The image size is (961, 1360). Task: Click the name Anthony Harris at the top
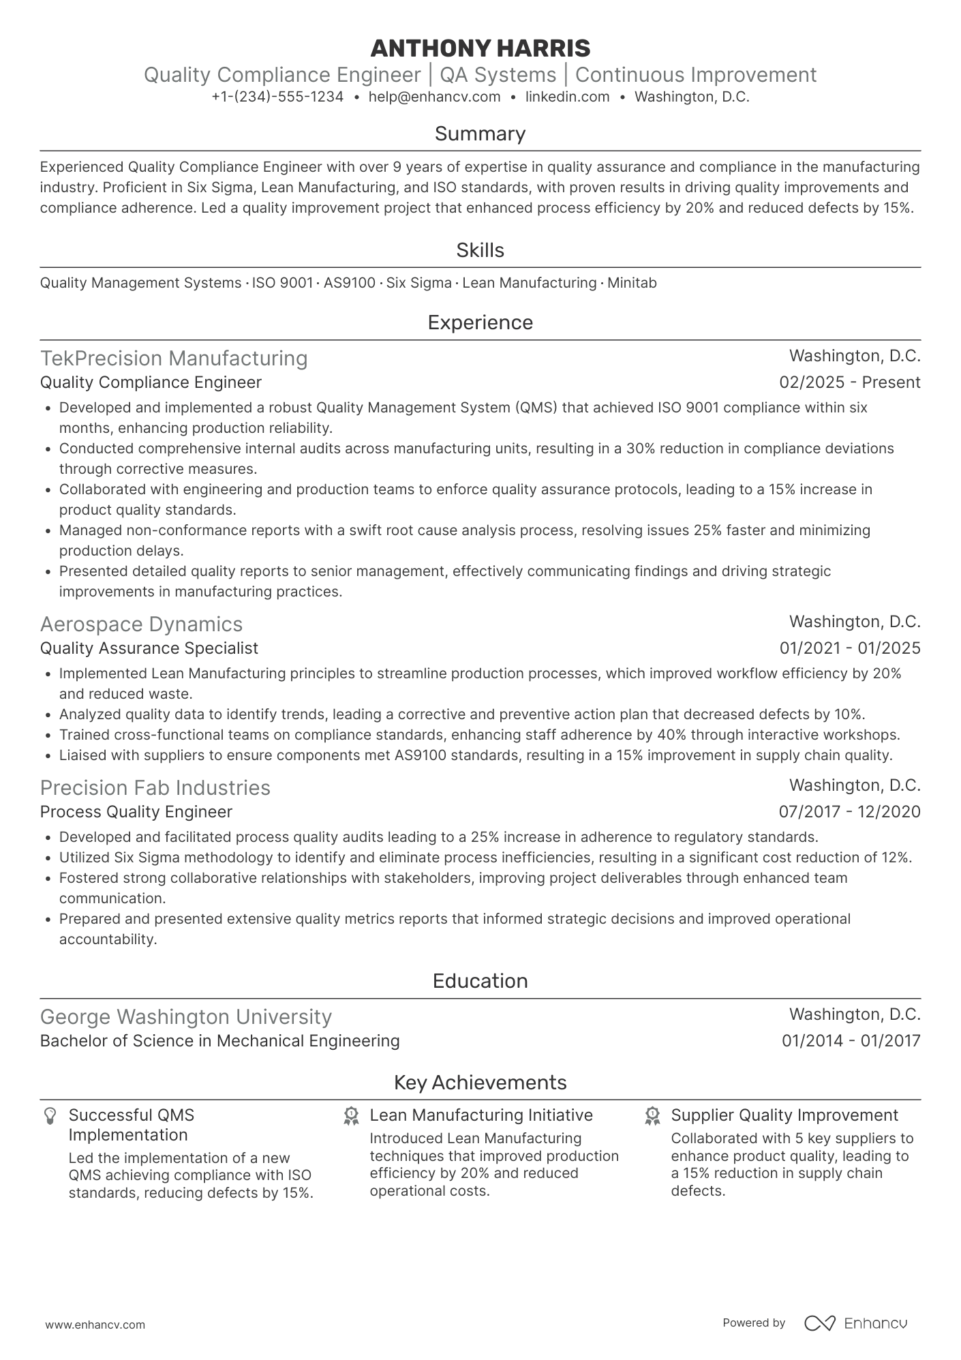click(480, 48)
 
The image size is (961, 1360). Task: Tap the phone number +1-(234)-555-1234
click(277, 97)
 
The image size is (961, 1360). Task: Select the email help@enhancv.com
click(434, 97)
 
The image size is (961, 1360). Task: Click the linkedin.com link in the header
click(567, 97)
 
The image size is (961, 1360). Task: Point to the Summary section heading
click(480, 134)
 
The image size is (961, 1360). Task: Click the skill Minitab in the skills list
click(631, 283)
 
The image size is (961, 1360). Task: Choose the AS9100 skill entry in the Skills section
click(349, 283)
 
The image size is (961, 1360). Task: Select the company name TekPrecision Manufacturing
click(174, 359)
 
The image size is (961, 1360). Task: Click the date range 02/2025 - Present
click(849, 382)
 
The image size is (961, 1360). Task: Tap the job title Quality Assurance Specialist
click(149, 648)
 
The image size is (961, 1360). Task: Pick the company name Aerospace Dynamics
click(141, 624)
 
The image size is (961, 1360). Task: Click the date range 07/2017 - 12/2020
click(849, 812)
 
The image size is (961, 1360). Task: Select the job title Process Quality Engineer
click(136, 812)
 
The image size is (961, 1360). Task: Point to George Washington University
click(185, 1017)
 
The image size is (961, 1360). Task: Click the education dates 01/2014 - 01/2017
click(851, 1041)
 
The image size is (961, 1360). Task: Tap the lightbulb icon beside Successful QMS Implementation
click(49, 1116)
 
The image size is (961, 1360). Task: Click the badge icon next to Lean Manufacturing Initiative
click(351, 1116)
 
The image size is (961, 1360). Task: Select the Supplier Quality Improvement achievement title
click(784, 1115)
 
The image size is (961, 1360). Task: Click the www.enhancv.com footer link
click(95, 1325)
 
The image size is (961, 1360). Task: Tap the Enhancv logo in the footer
click(855, 1323)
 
